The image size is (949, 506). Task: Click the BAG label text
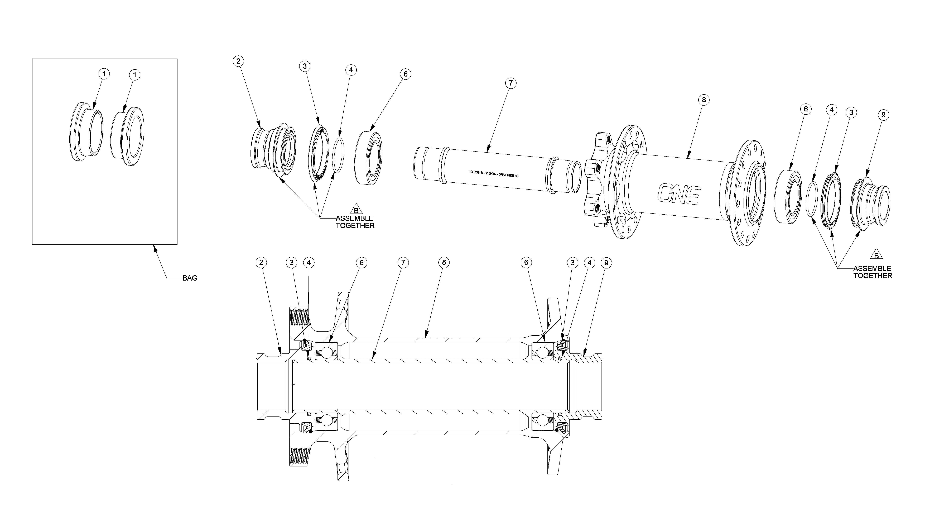point(190,278)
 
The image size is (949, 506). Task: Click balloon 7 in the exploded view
point(511,83)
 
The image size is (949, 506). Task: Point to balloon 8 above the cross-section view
point(444,262)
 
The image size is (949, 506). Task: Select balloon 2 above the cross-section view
point(261,262)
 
